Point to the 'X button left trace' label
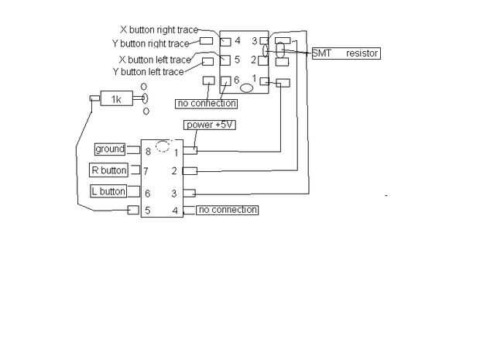(x=155, y=60)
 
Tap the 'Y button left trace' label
(x=148, y=72)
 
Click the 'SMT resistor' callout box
(x=345, y=53)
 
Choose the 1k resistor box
(x=116, y=99)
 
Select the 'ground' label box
(x=109, y=149)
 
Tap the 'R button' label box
(x=109, y=170)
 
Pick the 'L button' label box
(x=108, y=191)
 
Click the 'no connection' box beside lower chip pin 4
(x=227, y=210)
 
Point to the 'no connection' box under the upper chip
(x=207, y=103)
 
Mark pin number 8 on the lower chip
(x=148, y=151)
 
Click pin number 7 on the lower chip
(x=146, y=171)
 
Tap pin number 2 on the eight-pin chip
(x=175, y=170)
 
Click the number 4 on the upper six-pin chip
(x=238, y=40)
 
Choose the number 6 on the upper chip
(x=236, y=80)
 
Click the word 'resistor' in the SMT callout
(x=362, y=53)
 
